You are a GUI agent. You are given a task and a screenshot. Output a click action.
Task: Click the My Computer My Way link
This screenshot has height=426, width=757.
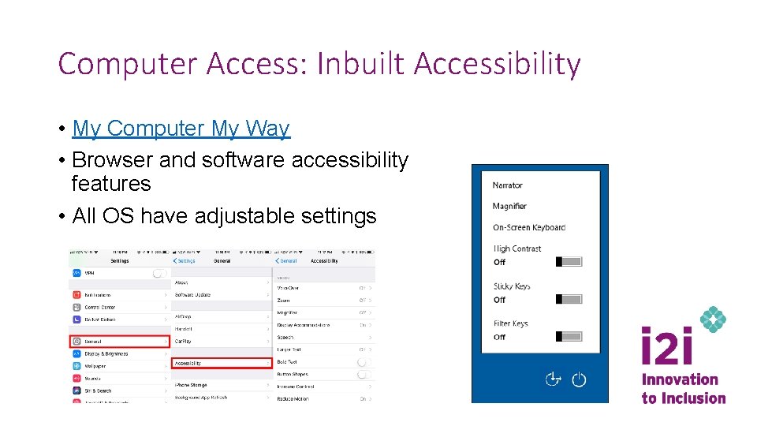[181, 129]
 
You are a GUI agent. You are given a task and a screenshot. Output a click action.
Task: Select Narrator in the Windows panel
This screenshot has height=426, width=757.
[507, 185]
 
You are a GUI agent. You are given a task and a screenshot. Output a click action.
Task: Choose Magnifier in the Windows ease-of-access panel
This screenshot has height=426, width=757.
[509, 206]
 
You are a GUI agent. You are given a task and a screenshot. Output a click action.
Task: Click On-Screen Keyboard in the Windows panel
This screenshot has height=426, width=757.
[528, 227]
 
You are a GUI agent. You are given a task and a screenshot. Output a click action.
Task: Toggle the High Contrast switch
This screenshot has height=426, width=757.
[569, 261]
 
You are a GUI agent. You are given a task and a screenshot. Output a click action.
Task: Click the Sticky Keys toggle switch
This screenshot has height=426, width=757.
[569, 299]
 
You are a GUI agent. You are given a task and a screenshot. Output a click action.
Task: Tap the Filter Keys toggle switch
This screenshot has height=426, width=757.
[569, 336]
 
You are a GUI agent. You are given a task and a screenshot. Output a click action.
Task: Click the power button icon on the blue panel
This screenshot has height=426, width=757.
[579, 379]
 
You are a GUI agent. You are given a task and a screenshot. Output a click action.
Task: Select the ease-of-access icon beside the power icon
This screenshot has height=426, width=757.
[554, 379]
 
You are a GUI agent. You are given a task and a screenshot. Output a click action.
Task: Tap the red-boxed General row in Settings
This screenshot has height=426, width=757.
[120, 342]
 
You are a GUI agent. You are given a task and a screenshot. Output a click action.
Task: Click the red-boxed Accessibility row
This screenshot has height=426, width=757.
[221, 363]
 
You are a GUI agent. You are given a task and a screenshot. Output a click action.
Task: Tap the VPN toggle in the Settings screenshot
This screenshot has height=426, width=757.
[160, 273]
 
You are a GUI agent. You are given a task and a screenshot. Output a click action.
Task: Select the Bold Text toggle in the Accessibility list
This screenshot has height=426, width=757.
[363, 362]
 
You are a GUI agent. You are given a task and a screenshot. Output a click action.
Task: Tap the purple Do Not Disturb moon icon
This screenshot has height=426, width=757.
[76, 319]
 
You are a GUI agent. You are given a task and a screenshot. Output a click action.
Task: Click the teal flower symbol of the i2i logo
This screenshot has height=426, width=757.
[713, 319]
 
